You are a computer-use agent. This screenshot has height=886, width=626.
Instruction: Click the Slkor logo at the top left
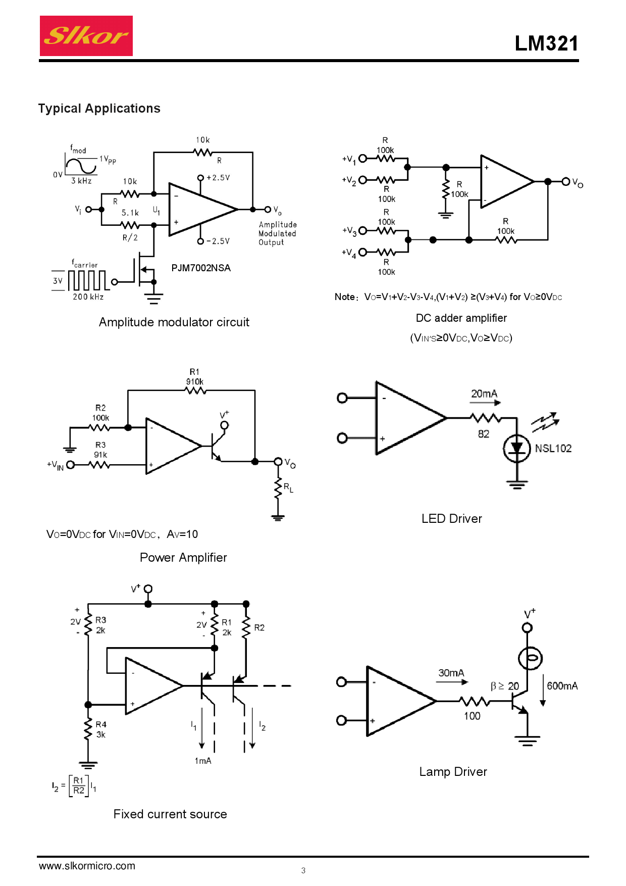(x=86, y=36)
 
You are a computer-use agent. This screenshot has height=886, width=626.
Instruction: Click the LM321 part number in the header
(x=546, y=43)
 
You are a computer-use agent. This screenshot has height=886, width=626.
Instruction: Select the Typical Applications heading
(x=99, y=109)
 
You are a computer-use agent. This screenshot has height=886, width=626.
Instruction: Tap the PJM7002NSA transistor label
(x=201, y=268)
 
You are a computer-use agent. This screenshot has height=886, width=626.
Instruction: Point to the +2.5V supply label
(x=218, y=178)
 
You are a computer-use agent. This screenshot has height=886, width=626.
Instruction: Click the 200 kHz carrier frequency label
(x=88, y=297)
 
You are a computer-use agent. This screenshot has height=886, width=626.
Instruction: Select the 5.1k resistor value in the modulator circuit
(x=130, y=213)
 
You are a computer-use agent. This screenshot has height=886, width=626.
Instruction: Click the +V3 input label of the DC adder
(x=349, y=231)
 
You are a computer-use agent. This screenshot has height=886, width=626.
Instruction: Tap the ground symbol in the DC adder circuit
(x=445, y=215)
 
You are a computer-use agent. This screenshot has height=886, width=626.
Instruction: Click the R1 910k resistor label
(x=195, y=377)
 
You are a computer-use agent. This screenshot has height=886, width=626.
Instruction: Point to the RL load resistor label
(x=288, y=487)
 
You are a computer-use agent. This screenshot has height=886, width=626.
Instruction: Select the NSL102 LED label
(x=553, y=449)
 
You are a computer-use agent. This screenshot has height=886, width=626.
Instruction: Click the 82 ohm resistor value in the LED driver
(x=484, y=434)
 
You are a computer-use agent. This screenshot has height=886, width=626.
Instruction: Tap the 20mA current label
(x=484, y=393)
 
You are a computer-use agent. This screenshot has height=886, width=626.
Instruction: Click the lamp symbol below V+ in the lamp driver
(x=530, y=658)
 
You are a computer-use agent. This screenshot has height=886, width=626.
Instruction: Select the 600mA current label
(x=562, y=686)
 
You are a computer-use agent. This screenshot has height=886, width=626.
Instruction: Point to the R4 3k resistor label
(x=101, y=729)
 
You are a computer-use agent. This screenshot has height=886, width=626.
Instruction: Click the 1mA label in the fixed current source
(x=203, y=761)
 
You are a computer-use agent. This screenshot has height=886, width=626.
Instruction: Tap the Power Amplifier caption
(x=183, y=558)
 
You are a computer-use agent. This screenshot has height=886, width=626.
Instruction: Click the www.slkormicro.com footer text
(x=87, y=866)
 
